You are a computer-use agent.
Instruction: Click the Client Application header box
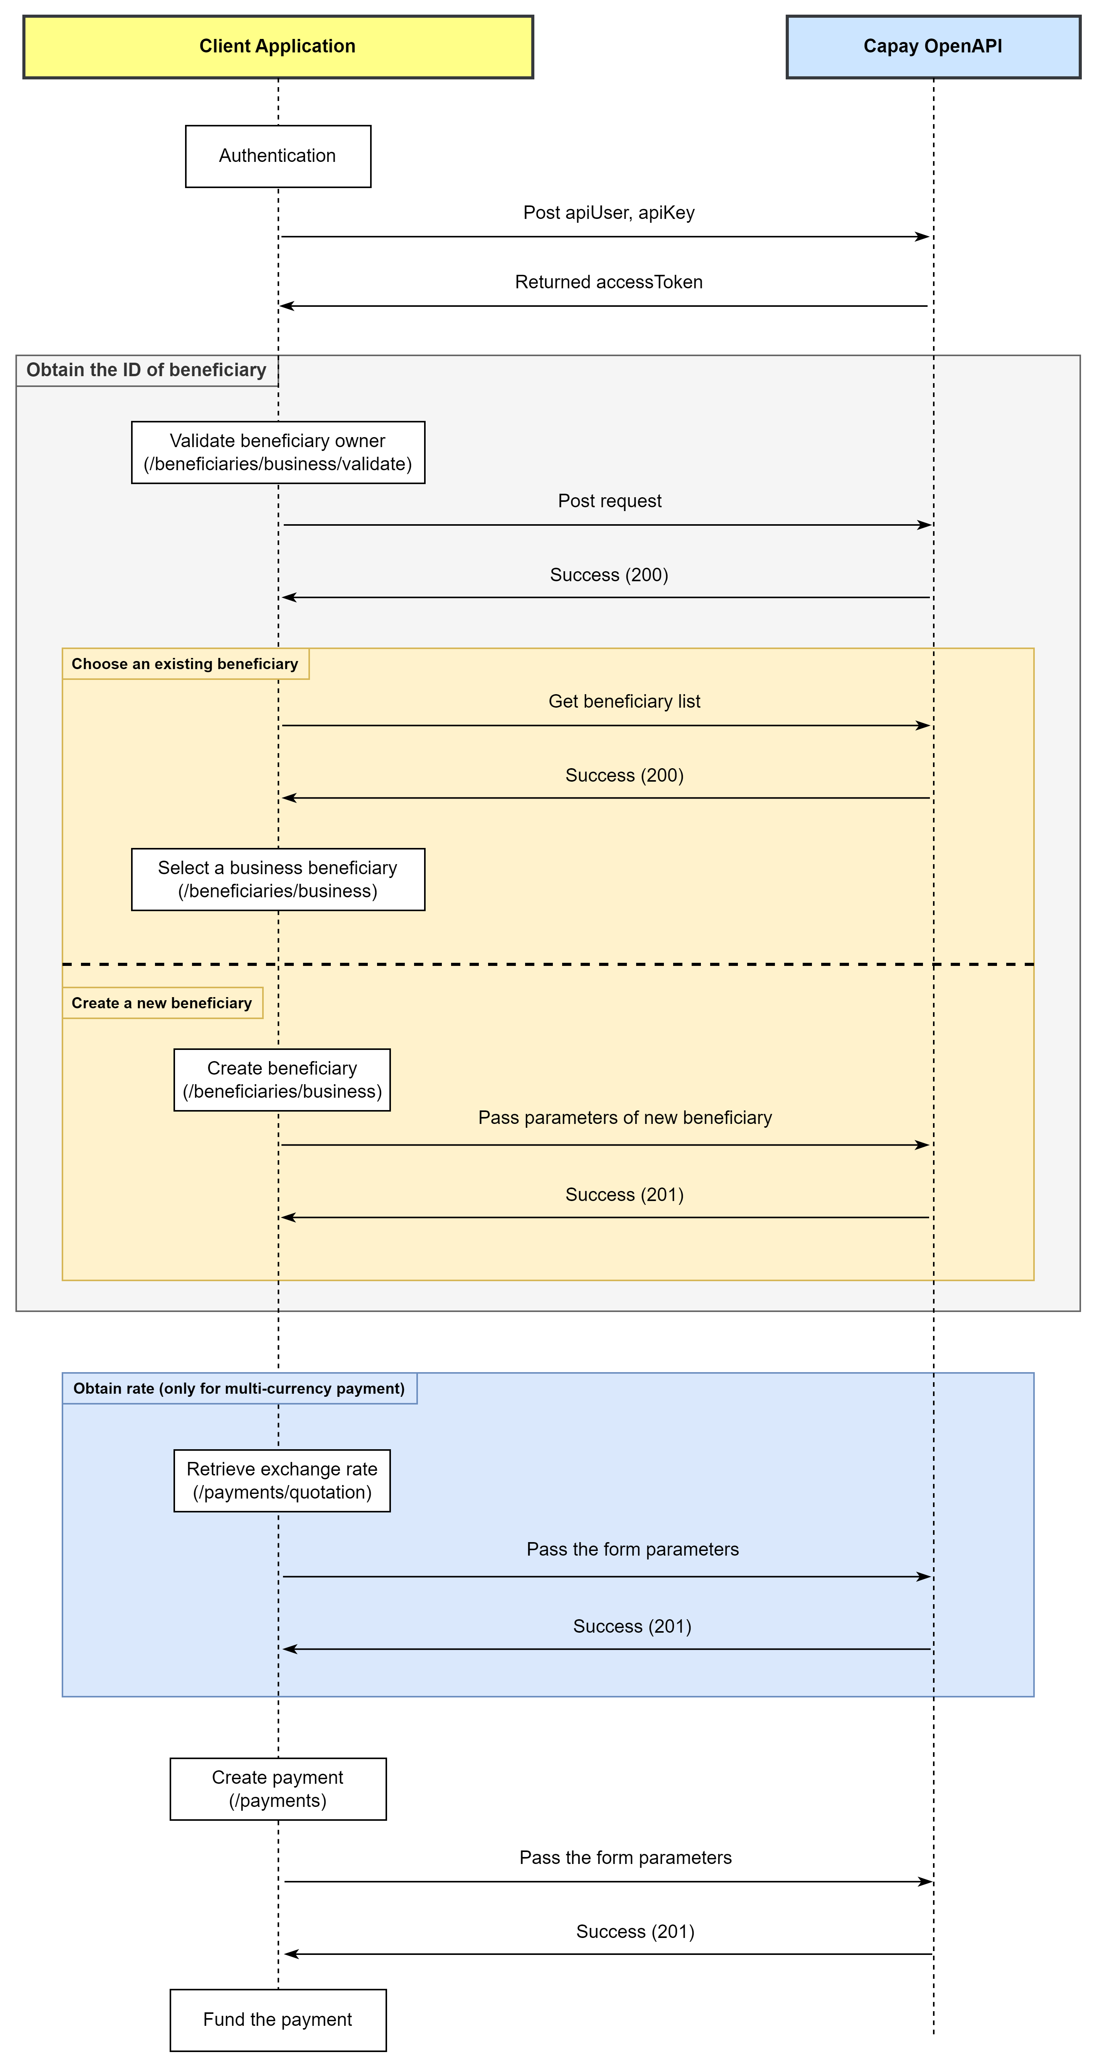coord(278,47)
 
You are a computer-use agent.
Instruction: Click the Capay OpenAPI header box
coord(933,47)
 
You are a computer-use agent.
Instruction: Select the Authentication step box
coord(278,156)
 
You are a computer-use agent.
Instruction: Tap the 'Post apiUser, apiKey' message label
coord(609,213)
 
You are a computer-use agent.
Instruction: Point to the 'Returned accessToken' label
coord(609,282)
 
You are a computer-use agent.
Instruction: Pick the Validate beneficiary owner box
coord(278,452)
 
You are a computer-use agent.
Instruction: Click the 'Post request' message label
coord(610,501)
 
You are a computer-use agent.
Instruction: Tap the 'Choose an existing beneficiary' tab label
coord(185,663)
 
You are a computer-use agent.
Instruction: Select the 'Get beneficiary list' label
coord(624,701)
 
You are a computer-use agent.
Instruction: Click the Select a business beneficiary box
coord(278,880)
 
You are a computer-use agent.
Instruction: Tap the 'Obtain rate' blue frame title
coord(239,1389)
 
